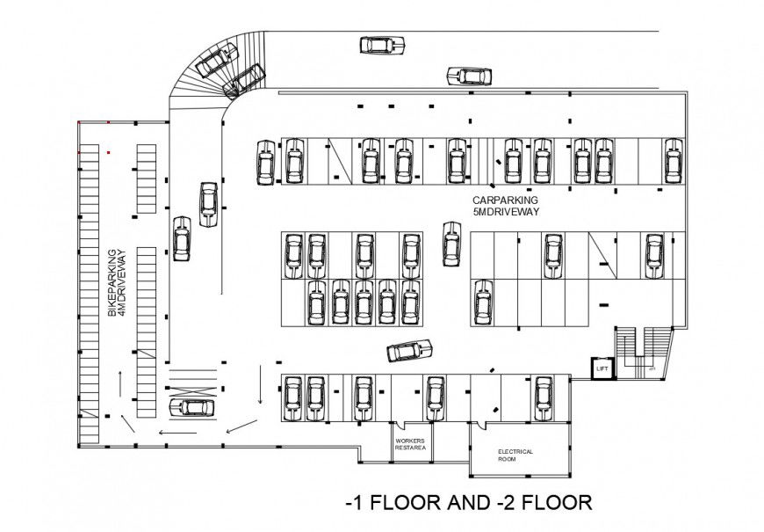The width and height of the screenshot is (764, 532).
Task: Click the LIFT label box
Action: pos(602,369)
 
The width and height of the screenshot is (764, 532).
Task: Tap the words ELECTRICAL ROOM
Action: pos(515,455)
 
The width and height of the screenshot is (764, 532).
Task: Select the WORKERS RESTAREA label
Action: pos(411,444)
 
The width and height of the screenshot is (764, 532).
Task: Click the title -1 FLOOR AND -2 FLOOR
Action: pos(469,503)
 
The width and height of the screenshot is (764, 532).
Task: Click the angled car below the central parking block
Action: pos(410,351)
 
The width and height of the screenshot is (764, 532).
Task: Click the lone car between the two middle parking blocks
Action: pos(451,244)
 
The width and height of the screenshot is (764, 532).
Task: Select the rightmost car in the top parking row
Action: pos(674,161)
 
